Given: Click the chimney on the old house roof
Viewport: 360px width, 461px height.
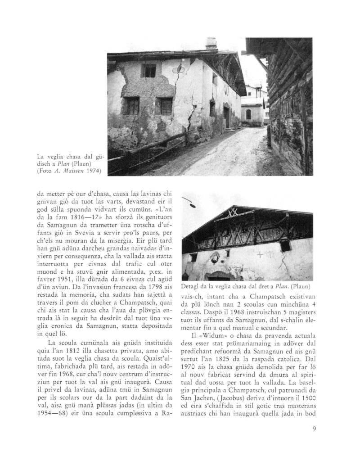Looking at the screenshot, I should (x=211, y=44).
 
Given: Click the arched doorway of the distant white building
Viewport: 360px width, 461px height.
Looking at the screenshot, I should (x=248, y=114).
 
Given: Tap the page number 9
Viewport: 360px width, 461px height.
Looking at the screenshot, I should (x=314, y=428).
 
